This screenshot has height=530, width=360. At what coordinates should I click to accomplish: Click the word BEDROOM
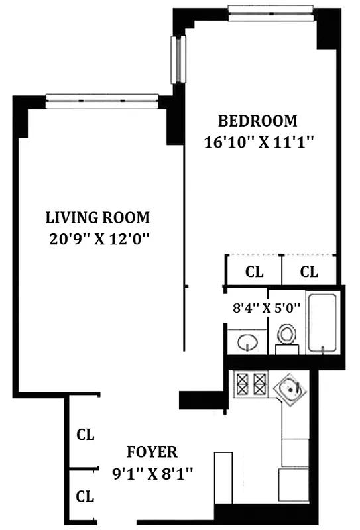(258, 121)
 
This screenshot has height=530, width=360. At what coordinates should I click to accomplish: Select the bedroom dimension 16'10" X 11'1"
(258, 141)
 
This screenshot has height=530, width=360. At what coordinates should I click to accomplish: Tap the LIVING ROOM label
(97, 217)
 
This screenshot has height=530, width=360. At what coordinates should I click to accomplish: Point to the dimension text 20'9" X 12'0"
(97, 238)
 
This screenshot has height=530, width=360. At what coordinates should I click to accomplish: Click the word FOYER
(152, 452)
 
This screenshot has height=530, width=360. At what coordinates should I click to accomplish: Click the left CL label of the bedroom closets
(255, 272)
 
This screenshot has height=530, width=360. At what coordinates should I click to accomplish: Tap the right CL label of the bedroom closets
(309, 272)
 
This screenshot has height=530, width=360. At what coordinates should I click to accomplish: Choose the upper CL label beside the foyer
(86, 435)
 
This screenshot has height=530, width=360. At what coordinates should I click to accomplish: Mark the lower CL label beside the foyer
(86, 496)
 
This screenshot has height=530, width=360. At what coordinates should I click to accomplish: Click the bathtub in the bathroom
(324, 323)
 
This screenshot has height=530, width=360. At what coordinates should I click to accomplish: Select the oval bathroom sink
(247, 343)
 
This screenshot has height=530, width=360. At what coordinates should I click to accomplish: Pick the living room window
(102, 101)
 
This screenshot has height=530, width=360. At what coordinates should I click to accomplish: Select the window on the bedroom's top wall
(270, 10)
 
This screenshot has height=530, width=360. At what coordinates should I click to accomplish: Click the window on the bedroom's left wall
(176, 60)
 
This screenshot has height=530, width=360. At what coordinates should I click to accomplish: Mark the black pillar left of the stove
(196, 399)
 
